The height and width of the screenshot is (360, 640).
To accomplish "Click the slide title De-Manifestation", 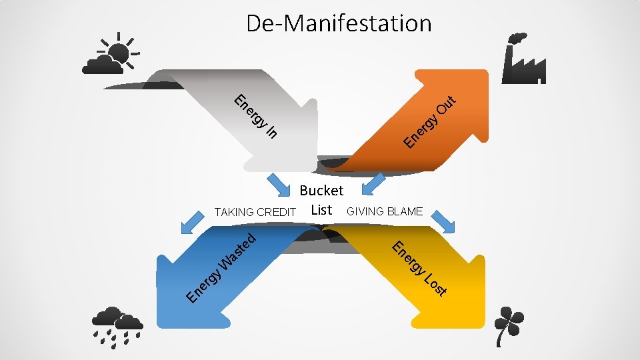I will (339, 23).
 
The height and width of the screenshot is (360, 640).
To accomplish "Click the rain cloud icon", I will (117, 326).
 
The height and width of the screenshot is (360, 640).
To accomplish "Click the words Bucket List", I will (321, 199).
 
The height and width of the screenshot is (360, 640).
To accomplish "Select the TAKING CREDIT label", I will (255, 212).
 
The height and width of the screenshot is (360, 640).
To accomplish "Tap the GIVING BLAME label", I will (385, 211).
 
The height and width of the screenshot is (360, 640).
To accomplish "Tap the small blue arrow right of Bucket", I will (373, 182).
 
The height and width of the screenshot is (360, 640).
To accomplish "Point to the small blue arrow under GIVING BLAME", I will (443, 222).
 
